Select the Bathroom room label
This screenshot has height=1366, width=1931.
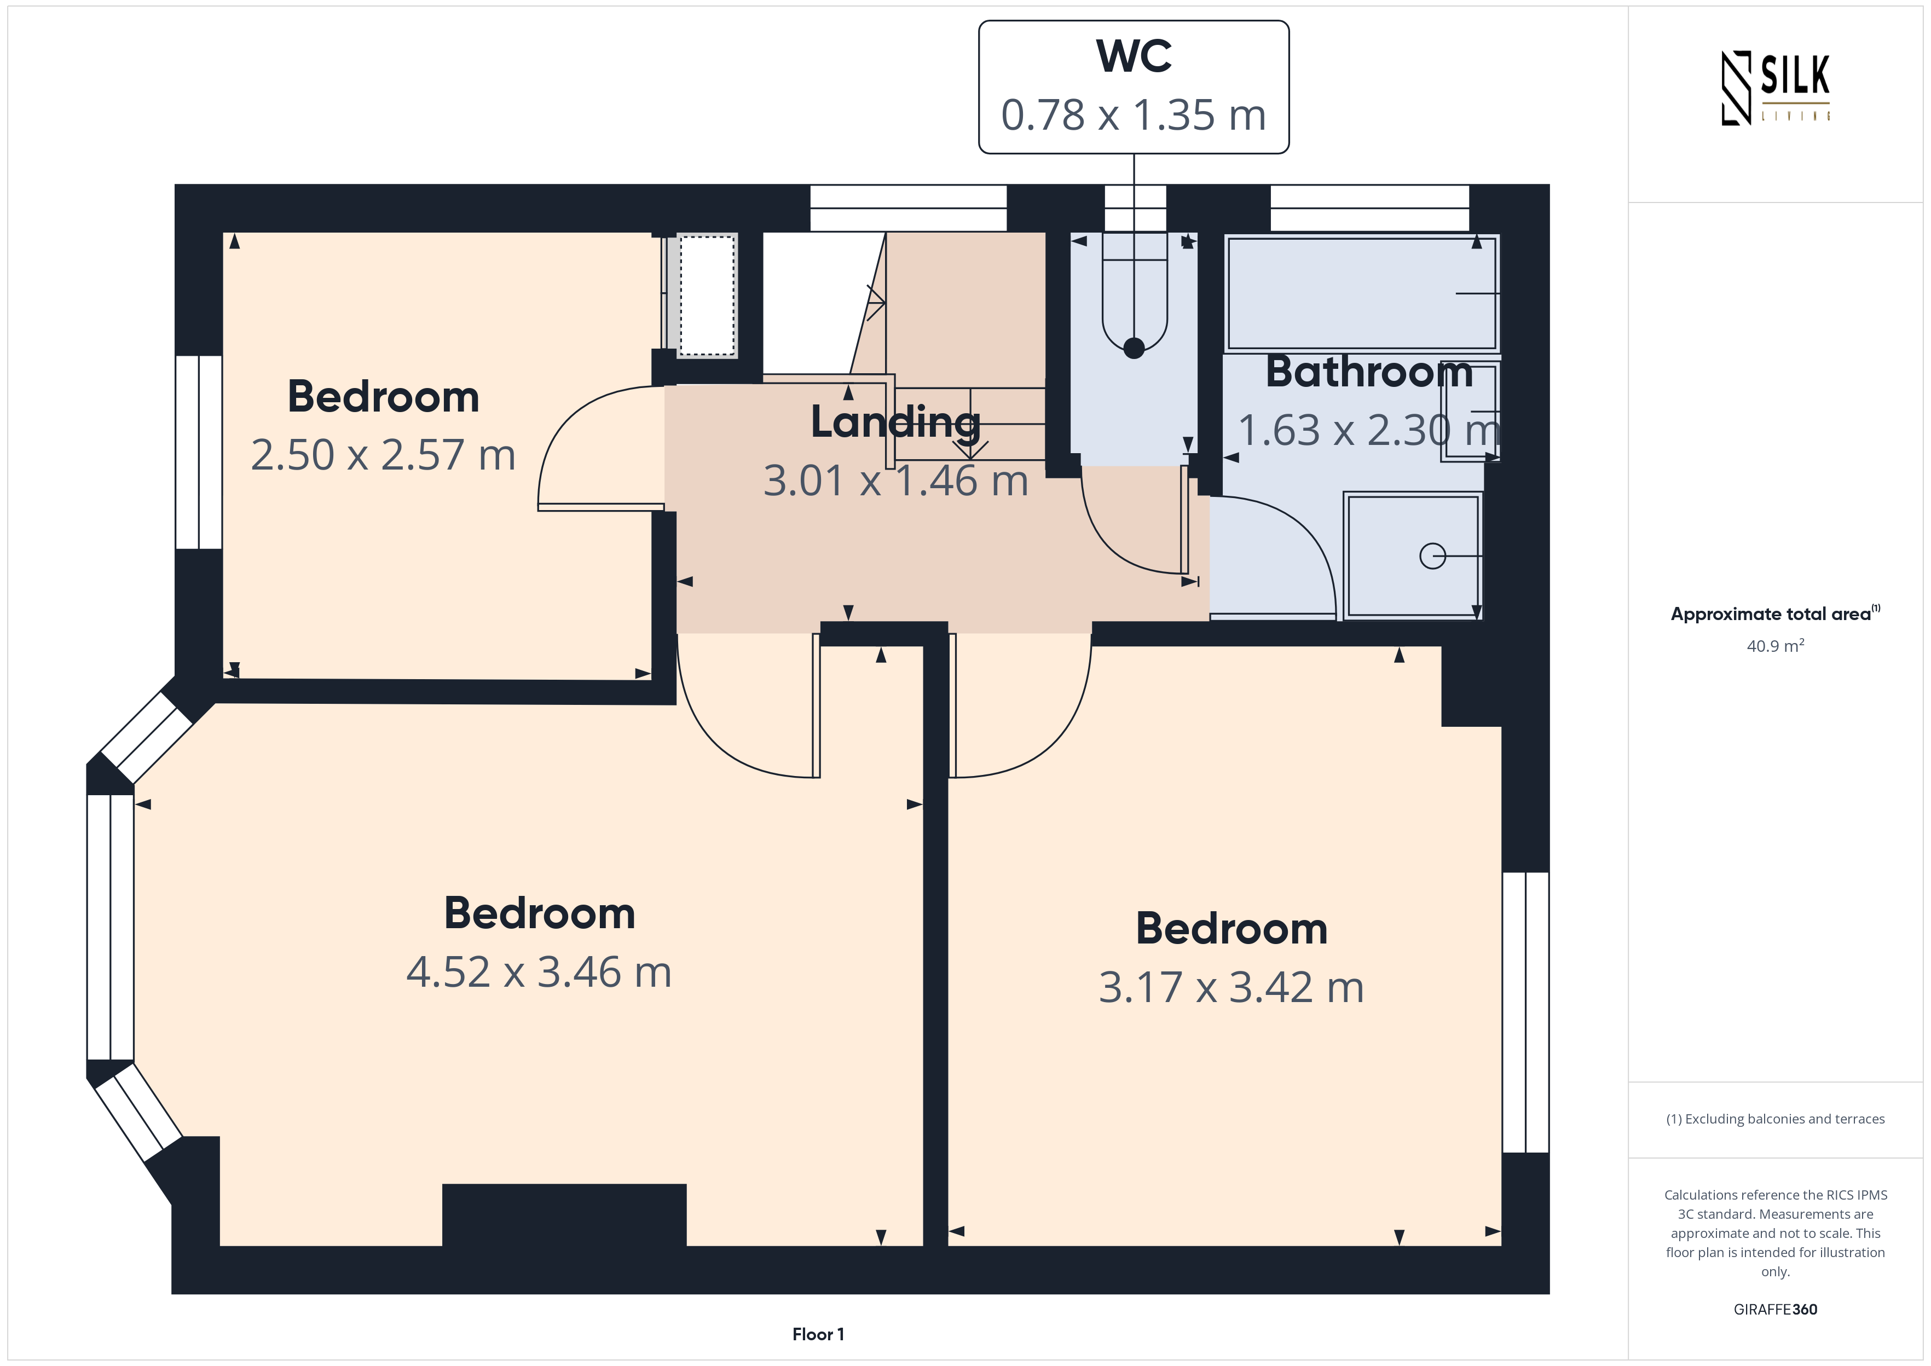pyautogui.click(x=1369, y=372)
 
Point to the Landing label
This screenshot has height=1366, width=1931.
pyautogui.click(x=895, y=422)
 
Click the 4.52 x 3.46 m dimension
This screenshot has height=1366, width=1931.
pyautogui.click(x=539, y=973)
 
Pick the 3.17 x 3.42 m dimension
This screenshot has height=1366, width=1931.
pyautogui.click(x=1232, y=987)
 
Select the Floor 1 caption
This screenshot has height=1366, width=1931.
pyautogui.click(x=818, y=1334)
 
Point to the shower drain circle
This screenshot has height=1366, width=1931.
pyautogui.click(x=1432, y=556)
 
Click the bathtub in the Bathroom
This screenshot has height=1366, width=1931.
pyautogui.click(x=1362, y=293)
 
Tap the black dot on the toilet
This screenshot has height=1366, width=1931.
pyautogui.click(x=1134, y=348)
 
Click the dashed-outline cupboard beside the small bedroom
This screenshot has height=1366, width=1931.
pyautogui.click(x=707, y=295)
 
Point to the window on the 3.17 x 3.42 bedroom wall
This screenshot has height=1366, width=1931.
pyautogui.click(x=1525, y=1012)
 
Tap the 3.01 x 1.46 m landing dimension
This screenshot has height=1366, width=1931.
pyautogui.click(x=895, y=481)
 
